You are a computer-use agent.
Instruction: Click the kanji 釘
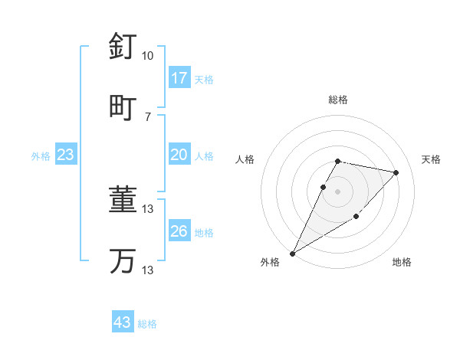click(123, 46)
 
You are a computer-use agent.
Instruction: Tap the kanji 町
click(123, 106)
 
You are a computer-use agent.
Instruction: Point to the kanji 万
click(123, 260)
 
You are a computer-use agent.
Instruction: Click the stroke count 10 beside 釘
click(147, 56)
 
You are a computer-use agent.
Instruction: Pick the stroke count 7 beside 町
click(147, 116)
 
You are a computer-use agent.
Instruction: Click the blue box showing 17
click(179, 78)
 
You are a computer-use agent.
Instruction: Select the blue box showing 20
click(179, 155)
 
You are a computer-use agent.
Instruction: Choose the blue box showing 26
click(179, 231)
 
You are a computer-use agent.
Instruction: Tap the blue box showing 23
click(66, 155)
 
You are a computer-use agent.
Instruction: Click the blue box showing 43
click(123, 322)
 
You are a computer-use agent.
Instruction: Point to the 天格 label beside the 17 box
click(204, 80)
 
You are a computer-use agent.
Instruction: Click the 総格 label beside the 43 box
click(147, 324)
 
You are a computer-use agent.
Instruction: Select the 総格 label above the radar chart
click(338, 100)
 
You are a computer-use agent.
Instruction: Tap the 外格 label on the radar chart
click(270, 263)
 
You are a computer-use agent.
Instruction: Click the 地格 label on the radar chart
click(402, 263)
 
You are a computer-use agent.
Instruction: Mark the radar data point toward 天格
click(396, 172)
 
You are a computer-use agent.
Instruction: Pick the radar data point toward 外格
click(293, 253)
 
